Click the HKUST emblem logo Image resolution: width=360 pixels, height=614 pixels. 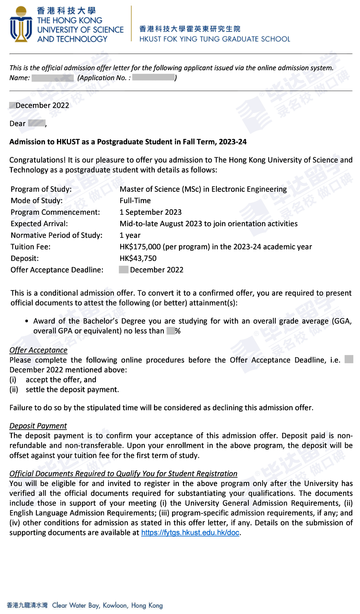click(x=21, y=24)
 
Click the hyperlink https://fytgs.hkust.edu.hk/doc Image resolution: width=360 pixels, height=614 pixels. click(x=190, y=533)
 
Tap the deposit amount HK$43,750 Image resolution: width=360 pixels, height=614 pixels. click(x=138, y=258)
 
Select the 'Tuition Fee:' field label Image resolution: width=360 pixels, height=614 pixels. click(x=30, y=247)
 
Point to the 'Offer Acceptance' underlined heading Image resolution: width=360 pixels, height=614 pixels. click(x=38, y=350)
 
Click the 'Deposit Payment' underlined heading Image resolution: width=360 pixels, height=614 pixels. click(x=38, y=426)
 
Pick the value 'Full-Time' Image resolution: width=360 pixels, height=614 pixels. click(x=135, y=201)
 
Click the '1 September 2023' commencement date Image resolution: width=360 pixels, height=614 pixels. click(x=150, y=212)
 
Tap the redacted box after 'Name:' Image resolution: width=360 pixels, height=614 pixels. click(x=52, y=78)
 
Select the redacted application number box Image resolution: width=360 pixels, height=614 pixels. click(x=153, y=78)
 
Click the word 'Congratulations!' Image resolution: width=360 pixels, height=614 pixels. click(x=37, y=160)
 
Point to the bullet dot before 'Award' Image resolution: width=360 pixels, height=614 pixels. click(x=27, y=321)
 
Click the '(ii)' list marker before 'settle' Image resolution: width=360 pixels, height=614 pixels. click(x=14, y=390)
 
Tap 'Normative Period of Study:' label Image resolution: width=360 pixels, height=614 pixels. click(x=56, y=235)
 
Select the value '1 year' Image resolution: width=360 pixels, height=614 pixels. click(x=130, y=235)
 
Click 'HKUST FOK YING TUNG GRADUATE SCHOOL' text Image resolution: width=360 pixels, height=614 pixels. click(x=215, y=39)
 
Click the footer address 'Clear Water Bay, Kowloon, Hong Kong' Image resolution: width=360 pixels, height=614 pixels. click(x=107, y=605)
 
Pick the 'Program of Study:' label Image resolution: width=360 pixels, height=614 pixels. click(x=41, y=189)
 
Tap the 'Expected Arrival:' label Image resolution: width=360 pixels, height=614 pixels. click(x=39, y=224)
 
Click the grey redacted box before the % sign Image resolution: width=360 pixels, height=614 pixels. click(x=170, y=331)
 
